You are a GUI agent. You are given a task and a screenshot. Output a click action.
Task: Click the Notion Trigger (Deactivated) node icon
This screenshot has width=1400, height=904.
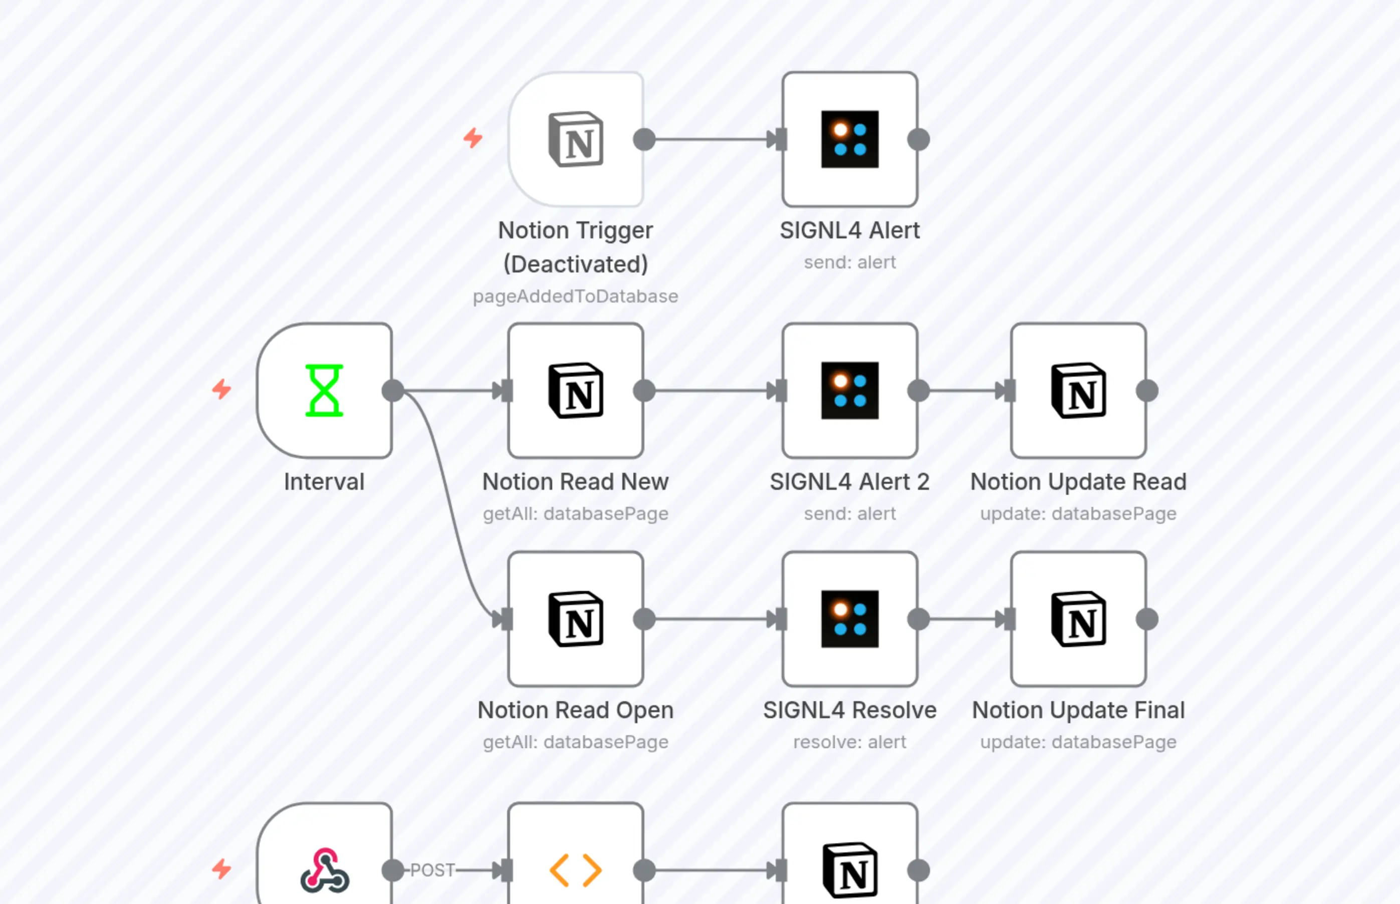coord(576,140)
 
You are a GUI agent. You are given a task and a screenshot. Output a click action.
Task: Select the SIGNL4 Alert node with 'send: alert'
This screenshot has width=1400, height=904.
coord(850,140)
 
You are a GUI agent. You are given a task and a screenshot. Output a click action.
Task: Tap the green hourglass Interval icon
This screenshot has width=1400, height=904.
coord(324,390)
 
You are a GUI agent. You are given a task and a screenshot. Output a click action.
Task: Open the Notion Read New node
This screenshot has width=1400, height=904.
coord(576,390)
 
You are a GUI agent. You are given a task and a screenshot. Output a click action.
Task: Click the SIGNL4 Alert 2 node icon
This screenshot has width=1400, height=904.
coord(850,390)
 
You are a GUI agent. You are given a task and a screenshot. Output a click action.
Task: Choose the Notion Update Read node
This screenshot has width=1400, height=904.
coord(1078,390)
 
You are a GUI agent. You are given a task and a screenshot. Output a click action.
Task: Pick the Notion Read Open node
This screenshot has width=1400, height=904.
coord(576,619)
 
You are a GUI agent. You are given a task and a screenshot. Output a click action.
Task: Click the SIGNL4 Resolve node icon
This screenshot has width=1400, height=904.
coord(850,619)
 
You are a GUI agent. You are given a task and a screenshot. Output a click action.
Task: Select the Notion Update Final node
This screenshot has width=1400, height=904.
coord(1078,619)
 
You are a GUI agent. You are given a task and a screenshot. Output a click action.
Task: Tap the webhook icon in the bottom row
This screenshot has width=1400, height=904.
coord(325,870)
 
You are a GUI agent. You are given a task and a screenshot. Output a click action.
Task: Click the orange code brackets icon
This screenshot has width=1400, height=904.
coord(576,870)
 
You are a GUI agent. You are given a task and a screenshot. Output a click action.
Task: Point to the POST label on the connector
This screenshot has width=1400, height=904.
coord(432,870)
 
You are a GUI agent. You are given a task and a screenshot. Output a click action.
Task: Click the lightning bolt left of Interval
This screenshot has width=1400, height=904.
coord(221,389)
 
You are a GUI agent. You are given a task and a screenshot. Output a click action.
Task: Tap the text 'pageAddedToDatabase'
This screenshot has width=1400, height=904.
coord(576,296)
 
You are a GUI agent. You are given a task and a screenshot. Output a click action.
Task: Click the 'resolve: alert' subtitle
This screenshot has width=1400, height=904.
coord(850,742)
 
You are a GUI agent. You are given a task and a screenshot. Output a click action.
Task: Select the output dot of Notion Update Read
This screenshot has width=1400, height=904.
coord(1147,390)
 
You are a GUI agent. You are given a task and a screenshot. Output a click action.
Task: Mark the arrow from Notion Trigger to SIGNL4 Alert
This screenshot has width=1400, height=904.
coord(711,140)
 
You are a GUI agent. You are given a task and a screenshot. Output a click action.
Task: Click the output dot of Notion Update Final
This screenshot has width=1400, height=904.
coord(1147,619)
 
